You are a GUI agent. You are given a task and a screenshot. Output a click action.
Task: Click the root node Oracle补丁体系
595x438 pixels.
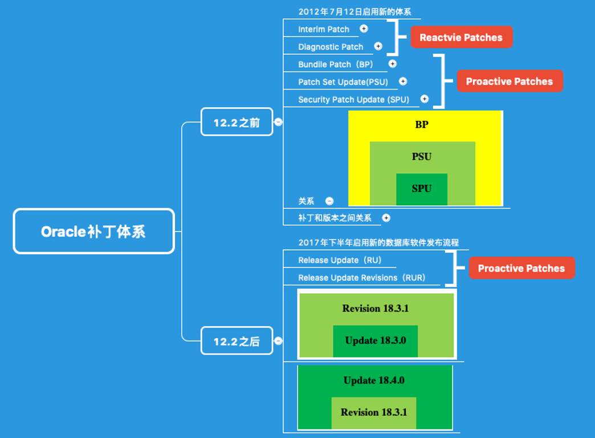[93, 231]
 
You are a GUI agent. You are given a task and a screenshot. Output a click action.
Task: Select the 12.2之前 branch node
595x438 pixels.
[237, 122]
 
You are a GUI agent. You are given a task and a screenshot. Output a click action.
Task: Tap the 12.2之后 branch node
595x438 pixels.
[237, 341]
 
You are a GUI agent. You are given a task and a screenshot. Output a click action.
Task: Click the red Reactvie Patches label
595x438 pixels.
[461, 38]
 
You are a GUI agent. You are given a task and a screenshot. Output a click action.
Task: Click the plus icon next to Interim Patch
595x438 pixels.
[364, 29]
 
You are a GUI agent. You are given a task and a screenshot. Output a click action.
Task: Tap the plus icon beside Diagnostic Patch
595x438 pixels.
[378, 46]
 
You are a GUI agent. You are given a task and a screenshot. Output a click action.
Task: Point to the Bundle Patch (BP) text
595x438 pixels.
[336, 64]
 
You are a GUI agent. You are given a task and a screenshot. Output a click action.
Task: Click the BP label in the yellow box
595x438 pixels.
[422, 124]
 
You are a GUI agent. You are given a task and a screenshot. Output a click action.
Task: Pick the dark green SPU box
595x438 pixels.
[422, 189]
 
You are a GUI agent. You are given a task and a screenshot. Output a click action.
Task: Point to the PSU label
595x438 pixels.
[422, 157]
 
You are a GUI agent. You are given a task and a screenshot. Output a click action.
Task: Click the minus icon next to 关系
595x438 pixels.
[329, 201]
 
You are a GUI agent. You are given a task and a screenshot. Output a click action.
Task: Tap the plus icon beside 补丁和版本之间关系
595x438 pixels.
[386, 218]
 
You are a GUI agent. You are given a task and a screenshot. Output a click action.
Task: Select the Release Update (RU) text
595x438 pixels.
[340, 260]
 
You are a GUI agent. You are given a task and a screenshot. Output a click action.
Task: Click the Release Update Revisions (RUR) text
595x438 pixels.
[361, 278]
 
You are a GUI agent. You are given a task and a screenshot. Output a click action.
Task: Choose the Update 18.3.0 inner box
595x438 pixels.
[375, 340]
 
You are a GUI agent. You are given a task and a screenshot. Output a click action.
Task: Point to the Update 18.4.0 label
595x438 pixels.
[374, 380]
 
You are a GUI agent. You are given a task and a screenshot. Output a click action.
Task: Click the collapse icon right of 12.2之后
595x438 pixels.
[278, 341]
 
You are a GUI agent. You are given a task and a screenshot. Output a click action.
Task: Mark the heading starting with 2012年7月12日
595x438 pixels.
[354, 11]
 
